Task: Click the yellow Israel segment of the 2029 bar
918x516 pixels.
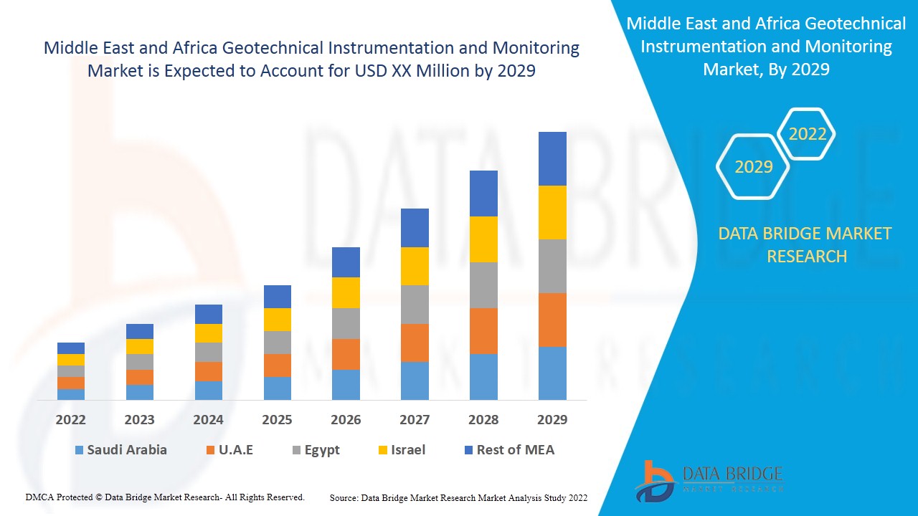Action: click(x=552, y=212)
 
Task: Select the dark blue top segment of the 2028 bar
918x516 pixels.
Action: click(x=483, y=193)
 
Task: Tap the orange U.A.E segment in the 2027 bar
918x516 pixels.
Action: click(x=415, y=343)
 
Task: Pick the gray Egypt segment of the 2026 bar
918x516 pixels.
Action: click(x=346, y=323)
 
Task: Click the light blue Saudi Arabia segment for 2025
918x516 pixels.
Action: click(x=277, y=388)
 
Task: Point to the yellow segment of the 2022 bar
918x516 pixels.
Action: click(x=71, y=360)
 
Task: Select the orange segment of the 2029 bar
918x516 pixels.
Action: click(x=552, y=320)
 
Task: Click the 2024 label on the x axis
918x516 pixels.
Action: click(x=208, y=419)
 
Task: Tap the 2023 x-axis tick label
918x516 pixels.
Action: click(x=139, y=419)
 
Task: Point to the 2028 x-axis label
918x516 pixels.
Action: click(x=483, y=419)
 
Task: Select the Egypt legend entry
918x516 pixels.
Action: click(x=315, y=450)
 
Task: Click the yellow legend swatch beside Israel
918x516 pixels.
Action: click(x=384, y=450)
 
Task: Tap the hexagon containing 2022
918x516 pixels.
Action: click(x=807, y=134)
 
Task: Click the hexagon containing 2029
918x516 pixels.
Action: click(x=753, y=167)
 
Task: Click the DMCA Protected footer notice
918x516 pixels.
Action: click(x=165, y=497)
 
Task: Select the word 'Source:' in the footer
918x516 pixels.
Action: click(x=344, y=497)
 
